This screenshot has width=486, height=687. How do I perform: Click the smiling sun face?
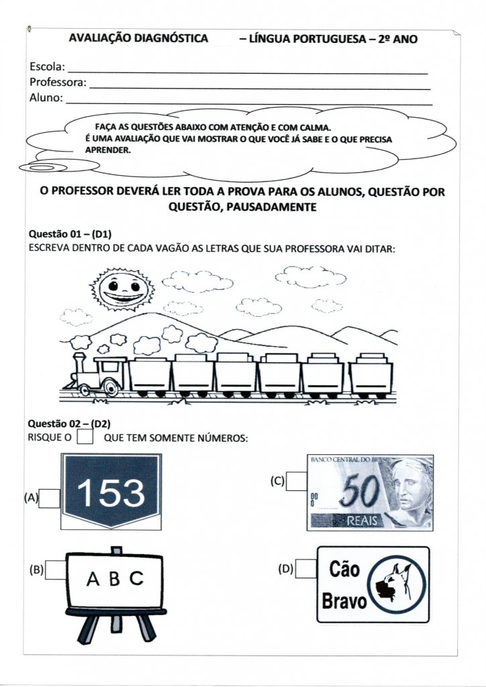(121, 289)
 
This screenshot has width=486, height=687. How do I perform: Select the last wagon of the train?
(371, 376)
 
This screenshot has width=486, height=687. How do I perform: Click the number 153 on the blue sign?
(111, 494)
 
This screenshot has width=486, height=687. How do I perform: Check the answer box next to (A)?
(49, 498)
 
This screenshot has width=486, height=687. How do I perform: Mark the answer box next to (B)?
(56, 570)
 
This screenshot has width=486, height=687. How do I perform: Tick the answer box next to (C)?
(296, 481)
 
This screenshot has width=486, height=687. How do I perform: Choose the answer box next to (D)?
(305, 569)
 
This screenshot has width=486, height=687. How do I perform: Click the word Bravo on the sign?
(344, 601)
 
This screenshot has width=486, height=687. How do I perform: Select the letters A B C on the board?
(114, 578)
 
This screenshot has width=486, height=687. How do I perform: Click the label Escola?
(47, 67)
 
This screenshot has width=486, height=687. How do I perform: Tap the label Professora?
(58, 83)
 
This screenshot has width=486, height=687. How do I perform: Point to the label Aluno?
(46, 98)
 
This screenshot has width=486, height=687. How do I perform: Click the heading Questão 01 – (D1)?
(69, 235)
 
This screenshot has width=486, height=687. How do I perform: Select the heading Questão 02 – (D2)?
(69, 424)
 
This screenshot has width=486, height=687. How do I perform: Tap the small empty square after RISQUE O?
(85, 437)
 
